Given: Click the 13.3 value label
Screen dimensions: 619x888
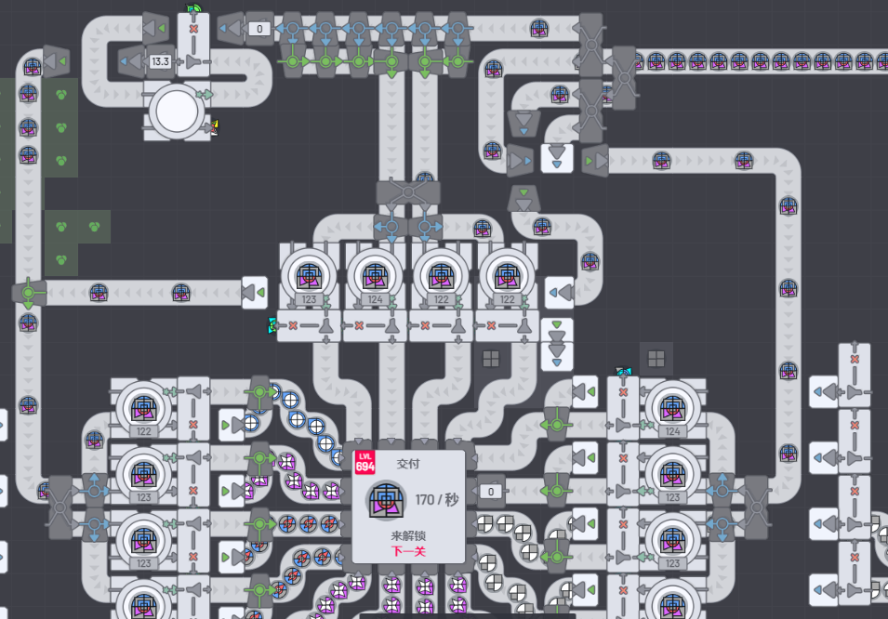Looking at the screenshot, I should tap(160, 62).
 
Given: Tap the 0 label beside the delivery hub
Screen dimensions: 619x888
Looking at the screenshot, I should tap(490, 491).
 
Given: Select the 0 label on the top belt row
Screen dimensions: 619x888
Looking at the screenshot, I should tap(259, 29).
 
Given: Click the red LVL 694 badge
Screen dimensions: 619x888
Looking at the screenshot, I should tap(364, 462).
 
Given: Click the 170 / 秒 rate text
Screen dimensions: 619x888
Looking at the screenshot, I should tap(437, 500).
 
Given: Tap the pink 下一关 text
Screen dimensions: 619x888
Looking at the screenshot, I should tap(409, 552).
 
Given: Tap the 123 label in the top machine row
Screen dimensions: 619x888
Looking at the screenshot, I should tap(310, 300).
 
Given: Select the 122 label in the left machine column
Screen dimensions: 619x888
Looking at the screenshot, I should tap(143, 431).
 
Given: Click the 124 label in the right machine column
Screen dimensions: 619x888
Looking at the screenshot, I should tap(672, 431).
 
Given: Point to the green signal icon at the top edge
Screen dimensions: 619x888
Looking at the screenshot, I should tap(193, 9).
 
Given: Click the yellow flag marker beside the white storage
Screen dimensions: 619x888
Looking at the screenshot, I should tap(215, 126).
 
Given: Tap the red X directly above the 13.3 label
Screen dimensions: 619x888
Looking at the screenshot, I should tap(193, 30).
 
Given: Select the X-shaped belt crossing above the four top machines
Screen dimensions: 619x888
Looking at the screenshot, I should tap(407, 193).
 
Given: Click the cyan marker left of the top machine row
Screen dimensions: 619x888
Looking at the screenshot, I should tap(272, 324).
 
